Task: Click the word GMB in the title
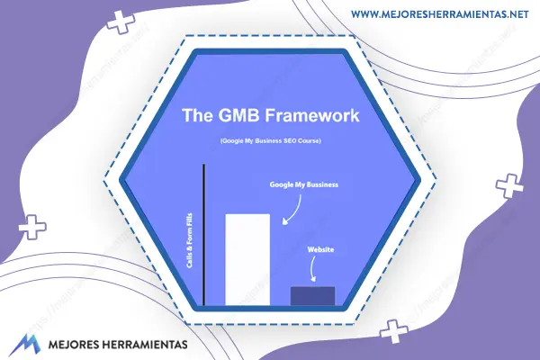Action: pyautogui.click(x=239, y=115)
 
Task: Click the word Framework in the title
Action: pyautogui.click(x=312, y=115)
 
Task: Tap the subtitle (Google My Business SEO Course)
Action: pyautogui.click(x=270, y=141)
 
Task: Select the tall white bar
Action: pyautogui.click(x=247, y=260)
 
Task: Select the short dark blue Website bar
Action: pyautogui.click(x=312, y=296)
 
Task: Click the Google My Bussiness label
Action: pyautogui.click(x=304, y=184)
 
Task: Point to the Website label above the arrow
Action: pyautogui.click(x=320, y=249)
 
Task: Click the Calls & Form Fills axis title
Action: pyautogui.click(x=189, y=240)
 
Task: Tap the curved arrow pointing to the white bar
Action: pyautogui.click(x=295, y=212)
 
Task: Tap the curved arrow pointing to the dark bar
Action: pyautogui.click(x=311, y=269)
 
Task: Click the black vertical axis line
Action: pyautogui.click(x=204, y=235)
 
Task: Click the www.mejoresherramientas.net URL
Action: pyautogui.click(x=440, y=14)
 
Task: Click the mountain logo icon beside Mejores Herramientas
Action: pyautogui.click(x=24, y=345)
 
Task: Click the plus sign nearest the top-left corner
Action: pyautogui.click(x=121, y=22)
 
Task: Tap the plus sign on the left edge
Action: pyautogui.click(x=32, y=227)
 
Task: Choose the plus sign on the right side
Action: pyautogui.click(x=509, y=185)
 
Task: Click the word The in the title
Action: pyautogui.click(x=198, y=115)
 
